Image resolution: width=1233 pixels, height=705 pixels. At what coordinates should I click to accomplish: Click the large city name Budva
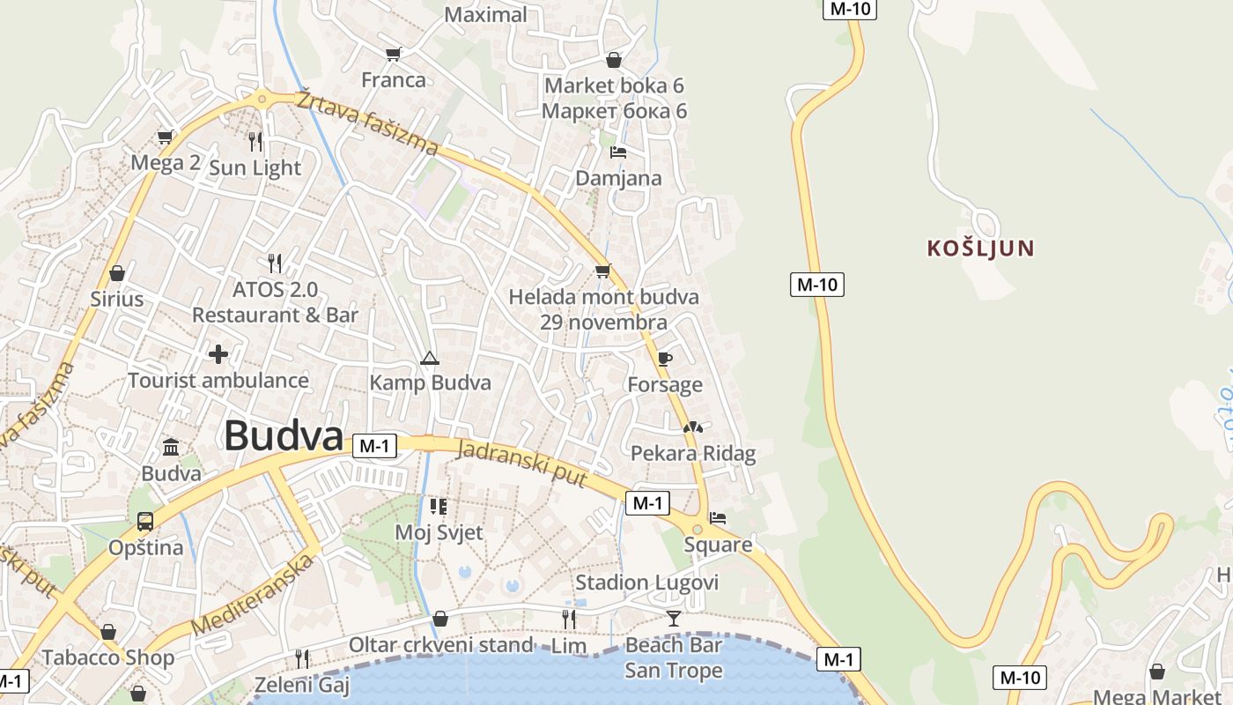point(283,436)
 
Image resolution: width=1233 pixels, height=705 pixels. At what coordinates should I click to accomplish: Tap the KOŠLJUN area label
point(980,249)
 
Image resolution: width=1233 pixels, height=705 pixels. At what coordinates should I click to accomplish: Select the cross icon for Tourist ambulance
point(218,354)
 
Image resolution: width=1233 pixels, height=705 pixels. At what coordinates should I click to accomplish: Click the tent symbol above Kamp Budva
point(429,358)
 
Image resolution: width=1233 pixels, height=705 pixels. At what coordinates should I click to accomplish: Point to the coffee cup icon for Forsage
point(664,359)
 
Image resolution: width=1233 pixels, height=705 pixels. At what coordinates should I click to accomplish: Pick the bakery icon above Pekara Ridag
point(693,427)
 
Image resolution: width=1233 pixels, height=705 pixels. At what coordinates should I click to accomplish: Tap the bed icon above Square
point(718,518)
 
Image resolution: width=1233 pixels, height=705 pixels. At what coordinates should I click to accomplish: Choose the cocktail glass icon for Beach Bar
point(674,618)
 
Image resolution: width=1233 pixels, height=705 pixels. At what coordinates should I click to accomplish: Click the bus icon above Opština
point(145,521)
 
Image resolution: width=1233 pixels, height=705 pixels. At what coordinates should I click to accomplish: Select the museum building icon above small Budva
point(171,447)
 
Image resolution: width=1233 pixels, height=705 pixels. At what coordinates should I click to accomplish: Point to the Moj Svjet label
point(439,532)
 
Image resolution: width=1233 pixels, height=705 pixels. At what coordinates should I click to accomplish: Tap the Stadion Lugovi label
point(646,583)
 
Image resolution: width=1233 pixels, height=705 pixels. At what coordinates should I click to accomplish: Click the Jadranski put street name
point(522,463)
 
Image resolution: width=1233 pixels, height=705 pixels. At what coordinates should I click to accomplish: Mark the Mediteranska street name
point(253,594)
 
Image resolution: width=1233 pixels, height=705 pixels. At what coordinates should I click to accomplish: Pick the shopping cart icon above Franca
point(393,54)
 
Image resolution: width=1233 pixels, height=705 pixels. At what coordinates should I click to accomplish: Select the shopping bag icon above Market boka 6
point(614,60)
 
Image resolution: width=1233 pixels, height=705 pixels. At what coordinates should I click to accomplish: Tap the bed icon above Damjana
point(618,152)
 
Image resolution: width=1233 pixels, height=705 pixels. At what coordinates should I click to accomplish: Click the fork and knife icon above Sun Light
point(255,141)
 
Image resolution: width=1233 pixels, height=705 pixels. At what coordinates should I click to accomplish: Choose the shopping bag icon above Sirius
point(116,273)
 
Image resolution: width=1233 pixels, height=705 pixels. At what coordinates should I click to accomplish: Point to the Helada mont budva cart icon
point(602,271)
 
